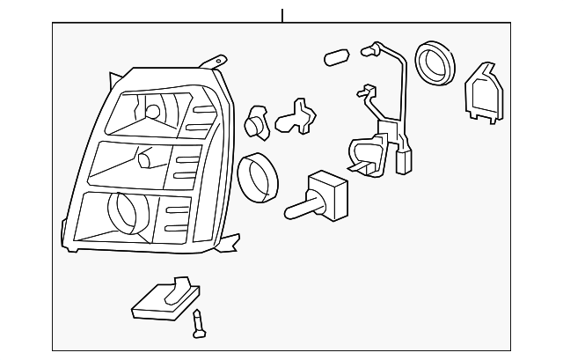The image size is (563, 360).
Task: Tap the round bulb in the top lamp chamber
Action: [151, 112]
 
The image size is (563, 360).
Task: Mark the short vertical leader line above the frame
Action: [281, 15]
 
